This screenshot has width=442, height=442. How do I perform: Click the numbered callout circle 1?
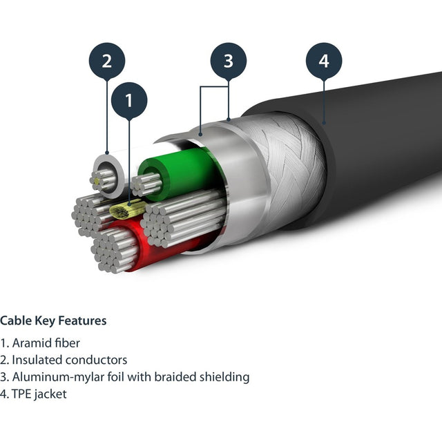[128, 101]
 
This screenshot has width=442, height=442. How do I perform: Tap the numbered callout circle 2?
[107, 61]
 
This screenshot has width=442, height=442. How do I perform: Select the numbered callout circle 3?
[228, 61]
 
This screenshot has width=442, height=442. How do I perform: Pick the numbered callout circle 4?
[324, 61]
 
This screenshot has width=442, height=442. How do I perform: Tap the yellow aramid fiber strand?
[128, 209]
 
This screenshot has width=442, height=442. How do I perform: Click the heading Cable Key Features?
[53, 320]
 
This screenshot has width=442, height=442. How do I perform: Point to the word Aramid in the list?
[32, 343]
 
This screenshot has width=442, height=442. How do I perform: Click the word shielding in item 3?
[222, 377]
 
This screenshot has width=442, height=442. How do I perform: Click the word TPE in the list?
[22, 394]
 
